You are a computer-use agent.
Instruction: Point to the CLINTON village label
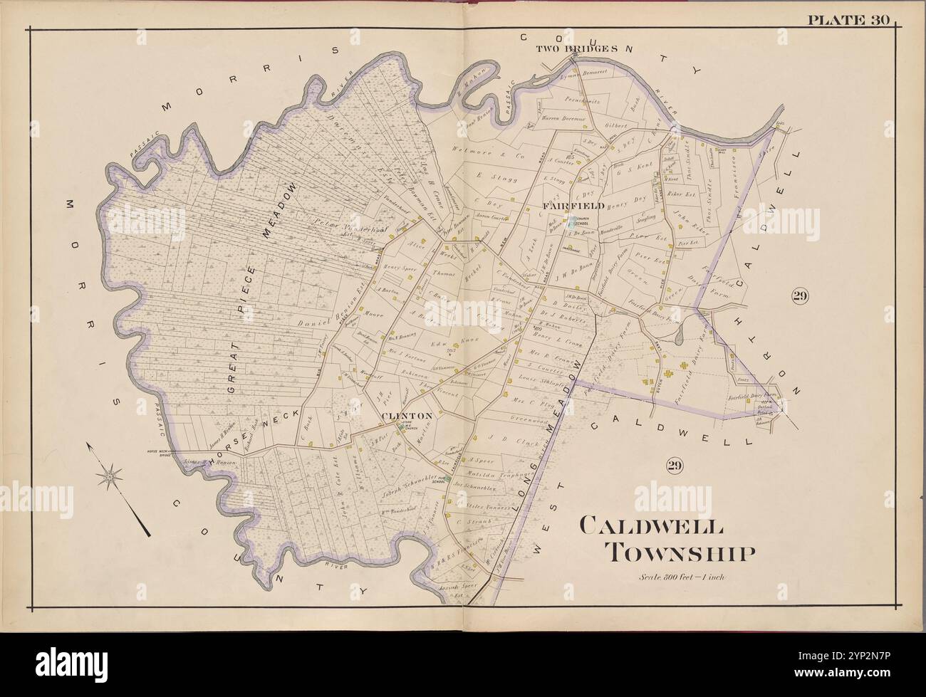407,415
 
